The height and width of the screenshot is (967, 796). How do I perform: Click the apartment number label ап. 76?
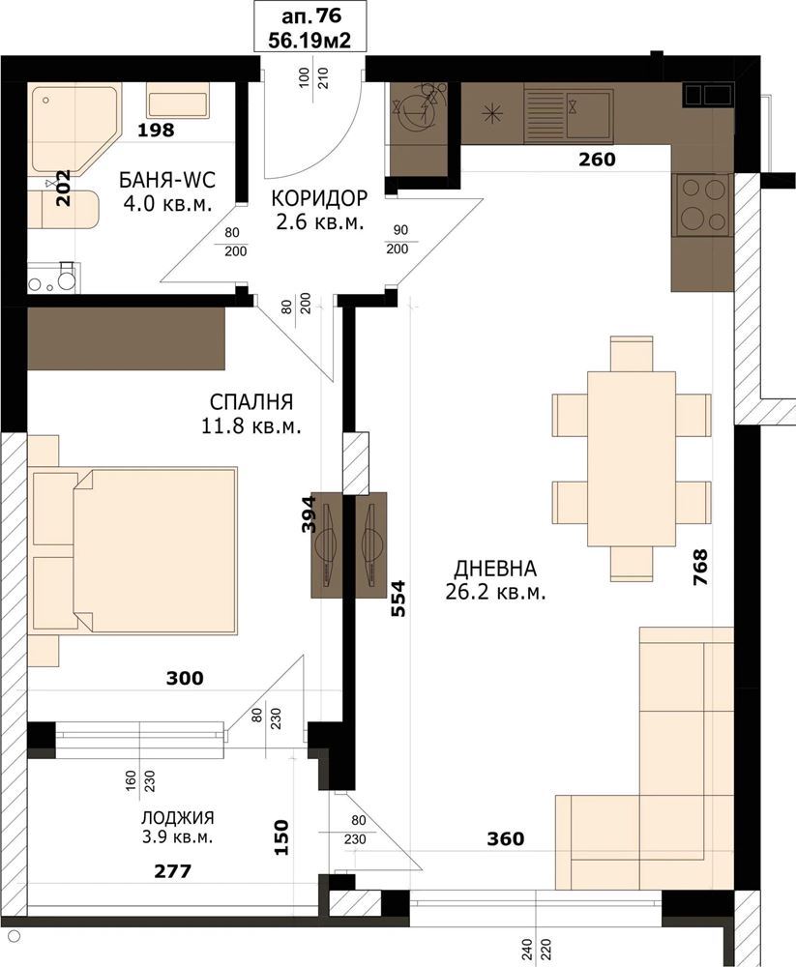tap(311, 16)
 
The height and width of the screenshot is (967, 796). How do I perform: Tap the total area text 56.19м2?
tap(310, 40)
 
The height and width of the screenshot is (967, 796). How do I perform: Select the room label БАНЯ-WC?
tap(167, 180)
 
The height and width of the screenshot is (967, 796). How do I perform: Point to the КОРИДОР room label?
tap(319, 198)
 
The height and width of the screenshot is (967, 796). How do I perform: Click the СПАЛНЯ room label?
tap(251, 401)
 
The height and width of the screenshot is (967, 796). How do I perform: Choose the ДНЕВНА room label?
tap(495, 568)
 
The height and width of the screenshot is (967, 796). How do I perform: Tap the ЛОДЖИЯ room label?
tap(178, 818)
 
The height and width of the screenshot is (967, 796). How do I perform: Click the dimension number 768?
tap(700, 568)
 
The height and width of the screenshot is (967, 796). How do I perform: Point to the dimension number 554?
tap(399, 599)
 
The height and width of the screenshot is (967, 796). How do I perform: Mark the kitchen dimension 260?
tap(598, 160)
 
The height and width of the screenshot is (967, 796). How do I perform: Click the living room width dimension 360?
tap(506, 838)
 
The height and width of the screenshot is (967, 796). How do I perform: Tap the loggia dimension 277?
tap(173, 871)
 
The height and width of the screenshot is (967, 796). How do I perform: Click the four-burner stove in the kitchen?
tap(703, 205)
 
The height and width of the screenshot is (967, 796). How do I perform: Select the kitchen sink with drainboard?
tap(569, 114)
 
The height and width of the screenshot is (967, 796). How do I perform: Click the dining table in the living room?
tap(632, 458)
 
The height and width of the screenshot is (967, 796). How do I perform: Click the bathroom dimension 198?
tap(156, 131)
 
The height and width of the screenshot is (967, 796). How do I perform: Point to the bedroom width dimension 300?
tap(185, 678)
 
